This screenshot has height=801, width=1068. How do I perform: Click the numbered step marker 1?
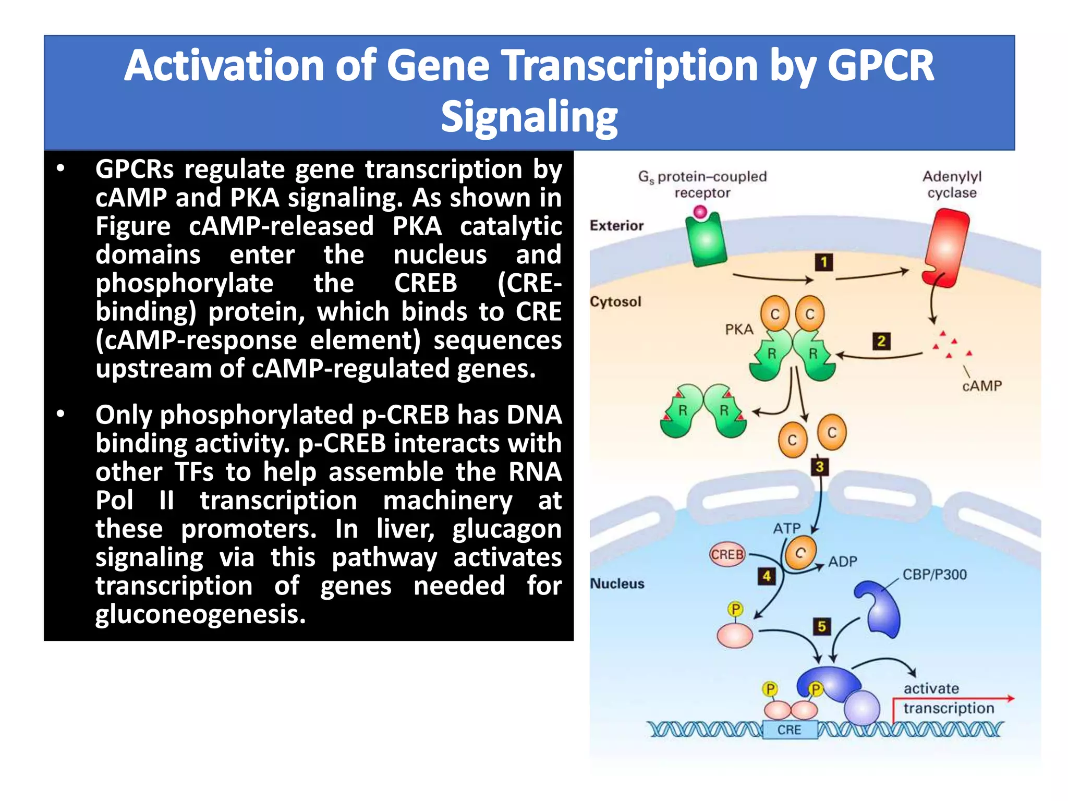pos(824,262)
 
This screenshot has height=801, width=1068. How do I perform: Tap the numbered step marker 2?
pos(881,342)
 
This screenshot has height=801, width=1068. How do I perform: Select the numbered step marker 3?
pos(819,467)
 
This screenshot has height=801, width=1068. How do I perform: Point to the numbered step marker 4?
pos(767,576)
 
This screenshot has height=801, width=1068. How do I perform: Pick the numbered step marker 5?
pos(822,626)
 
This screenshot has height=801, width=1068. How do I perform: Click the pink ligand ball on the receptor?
pos(700,212)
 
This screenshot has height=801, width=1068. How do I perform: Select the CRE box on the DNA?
pos(789,730)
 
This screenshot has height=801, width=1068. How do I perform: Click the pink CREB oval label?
pos(727,555)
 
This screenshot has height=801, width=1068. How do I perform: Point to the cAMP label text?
pos(982,386)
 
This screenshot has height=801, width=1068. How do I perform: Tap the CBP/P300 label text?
pos(934,575)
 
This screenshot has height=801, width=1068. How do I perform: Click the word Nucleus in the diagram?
pos(617,584)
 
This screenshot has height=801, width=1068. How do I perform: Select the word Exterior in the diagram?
pos(616,226)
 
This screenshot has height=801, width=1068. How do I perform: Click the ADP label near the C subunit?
pos(843,562)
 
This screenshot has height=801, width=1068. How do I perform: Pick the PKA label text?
pos(739,330)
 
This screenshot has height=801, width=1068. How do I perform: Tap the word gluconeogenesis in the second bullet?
pos(200,614)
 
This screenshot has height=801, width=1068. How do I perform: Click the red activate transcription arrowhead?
pos(1010,698)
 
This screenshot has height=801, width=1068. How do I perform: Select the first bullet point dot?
pos(61,168)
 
